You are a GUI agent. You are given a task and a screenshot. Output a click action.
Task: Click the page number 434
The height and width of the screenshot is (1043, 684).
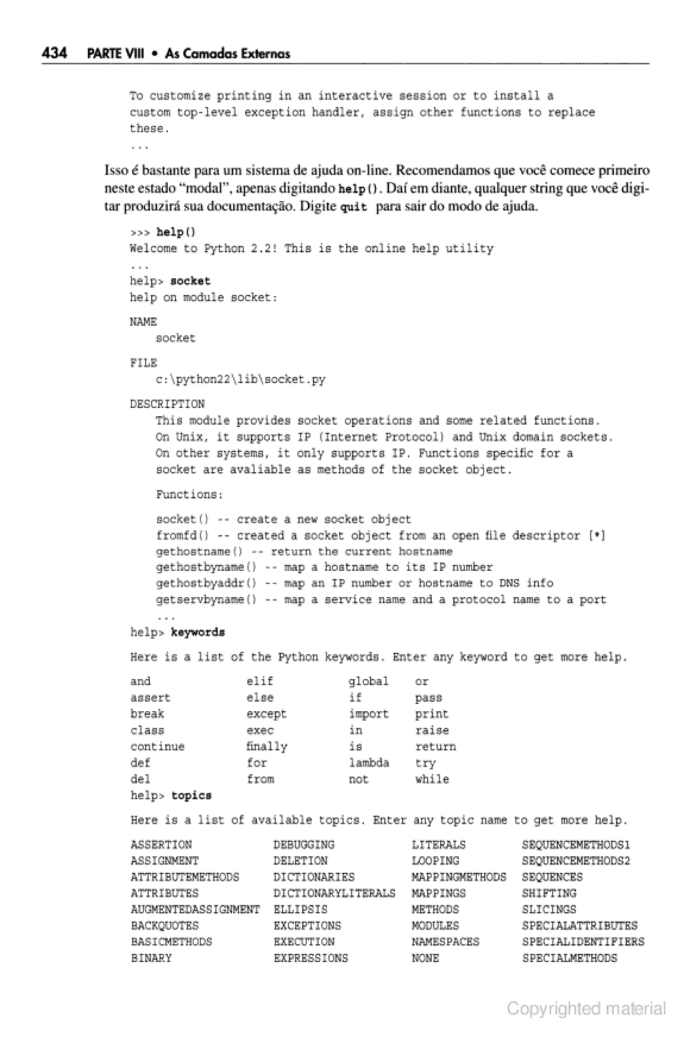point(54,53)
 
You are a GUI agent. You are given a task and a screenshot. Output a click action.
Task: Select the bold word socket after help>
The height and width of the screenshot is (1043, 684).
point(190,281)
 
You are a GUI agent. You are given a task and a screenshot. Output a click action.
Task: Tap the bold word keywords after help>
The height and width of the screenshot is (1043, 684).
point(198,632)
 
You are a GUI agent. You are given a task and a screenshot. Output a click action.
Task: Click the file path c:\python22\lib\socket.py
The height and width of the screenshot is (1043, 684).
point(240,380)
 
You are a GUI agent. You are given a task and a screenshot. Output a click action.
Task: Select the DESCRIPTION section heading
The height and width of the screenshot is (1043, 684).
point(167,404)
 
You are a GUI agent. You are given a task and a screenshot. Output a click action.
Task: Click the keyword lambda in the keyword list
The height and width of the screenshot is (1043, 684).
point(369,763)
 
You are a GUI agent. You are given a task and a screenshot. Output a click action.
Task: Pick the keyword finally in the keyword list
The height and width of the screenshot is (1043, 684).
point(267,747)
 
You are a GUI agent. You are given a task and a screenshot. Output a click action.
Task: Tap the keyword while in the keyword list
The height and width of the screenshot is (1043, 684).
point(432,779)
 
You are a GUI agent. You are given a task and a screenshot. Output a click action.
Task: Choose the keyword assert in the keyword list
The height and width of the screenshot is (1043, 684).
point(150,698)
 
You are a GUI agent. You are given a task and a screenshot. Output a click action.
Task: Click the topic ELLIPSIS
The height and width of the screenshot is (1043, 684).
point(300,909)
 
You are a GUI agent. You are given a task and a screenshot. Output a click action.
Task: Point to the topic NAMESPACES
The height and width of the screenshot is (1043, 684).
point(446,942)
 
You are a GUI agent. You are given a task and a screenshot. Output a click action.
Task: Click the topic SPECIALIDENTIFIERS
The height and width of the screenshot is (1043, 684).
point(583,942)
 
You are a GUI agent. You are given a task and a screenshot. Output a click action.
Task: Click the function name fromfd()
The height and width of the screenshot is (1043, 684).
point(182,536)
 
